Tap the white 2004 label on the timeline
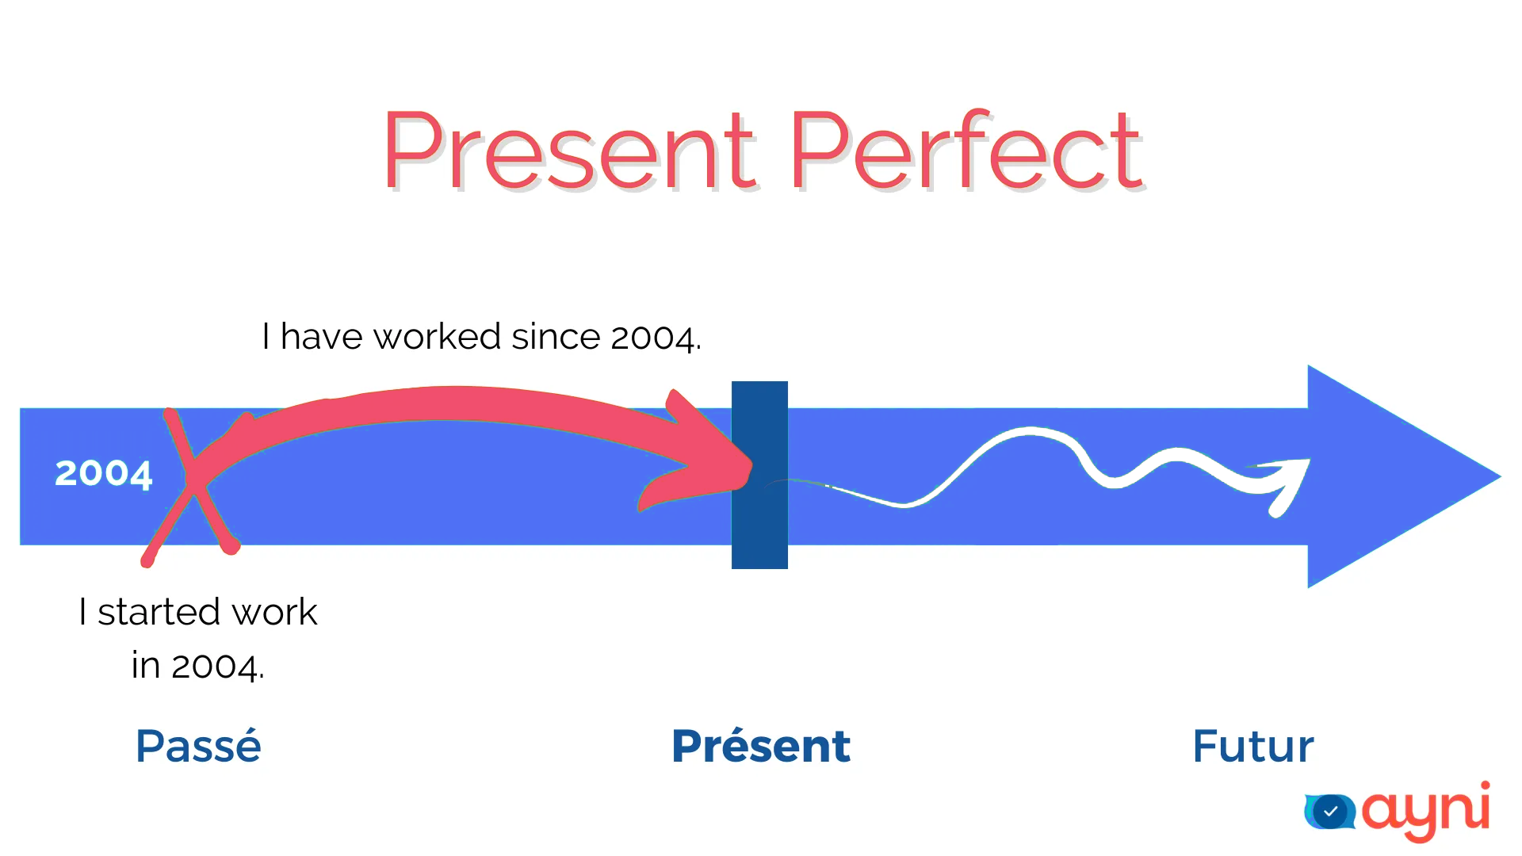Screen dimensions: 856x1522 pyautogui.click(x=103, y=473)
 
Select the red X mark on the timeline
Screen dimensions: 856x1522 pyautogui.click(x=191, y=485)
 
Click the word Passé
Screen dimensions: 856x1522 pyautogui.click(x=198, y=746)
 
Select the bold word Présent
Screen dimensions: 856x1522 pyautogui.click(x=761, y=746)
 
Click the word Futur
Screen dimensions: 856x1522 pyautogui.click(x=1253, y=746)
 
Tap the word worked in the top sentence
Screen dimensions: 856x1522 pyautogui.click(x=437, y=337)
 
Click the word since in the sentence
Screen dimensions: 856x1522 pyautogui.click(x=556, y=337)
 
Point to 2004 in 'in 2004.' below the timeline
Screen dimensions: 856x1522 pyautogui.click(x=216, y=666)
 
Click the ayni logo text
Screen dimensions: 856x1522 pyautogui.click(x=1425, y=810)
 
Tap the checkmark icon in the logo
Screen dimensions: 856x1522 pyautogui.click(x=1331, y=811)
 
